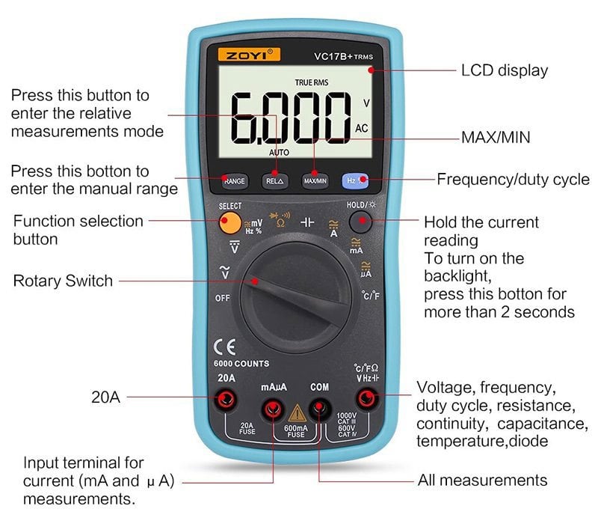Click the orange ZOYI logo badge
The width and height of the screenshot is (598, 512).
pyautogui.click(x=249, y=55)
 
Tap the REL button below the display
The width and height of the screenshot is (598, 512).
pyautogui.click(x=274, y=181)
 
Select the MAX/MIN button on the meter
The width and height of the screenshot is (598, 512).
pyautogui.click(x=315, y=181)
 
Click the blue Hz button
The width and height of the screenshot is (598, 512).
pyautogui.click(x=355, y=180)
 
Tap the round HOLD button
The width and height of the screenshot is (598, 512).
pyautogui.click(x=360, y=222)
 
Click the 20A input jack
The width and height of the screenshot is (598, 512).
pyautogui.click(x=226, y=400)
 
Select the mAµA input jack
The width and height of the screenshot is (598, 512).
pyautogui.click(x=273, y=409)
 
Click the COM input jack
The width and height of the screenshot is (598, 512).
pyautogui.click(x=319, y=409)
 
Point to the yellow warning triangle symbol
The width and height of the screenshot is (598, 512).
pyautogui.click(x=297, y=414)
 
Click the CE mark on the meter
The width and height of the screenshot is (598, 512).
pyautogui.click(x=225, y=347)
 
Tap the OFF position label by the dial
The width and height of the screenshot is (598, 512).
pyautogui.click(x=222, y=298)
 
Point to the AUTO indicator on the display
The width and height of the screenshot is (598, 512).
pyautogui.click(x=279, y=153)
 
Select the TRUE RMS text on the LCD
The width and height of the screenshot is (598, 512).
pyautogui.click(x=312, y=82)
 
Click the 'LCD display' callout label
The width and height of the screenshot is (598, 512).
pyautogui.click(x=504, y=70)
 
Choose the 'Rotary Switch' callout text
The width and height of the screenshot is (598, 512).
pyautogui.click(x=63, y=281)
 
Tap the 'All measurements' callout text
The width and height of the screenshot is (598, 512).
pyautogui.click(x=482, y=480)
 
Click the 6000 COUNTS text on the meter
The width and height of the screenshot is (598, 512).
pyautogui.click(x=241, y=364)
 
